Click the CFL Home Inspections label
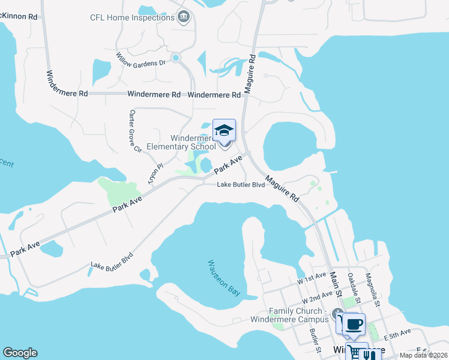coord(132,18)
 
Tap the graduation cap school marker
coord(224,130)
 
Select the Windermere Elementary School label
coord(181,142)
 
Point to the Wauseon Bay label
coord(224,277)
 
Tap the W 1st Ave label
coord(310,280)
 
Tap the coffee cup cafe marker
coord(354,324)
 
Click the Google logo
coord(20,353)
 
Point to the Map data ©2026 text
coord(423,355)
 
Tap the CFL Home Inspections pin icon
coord(184,17)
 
